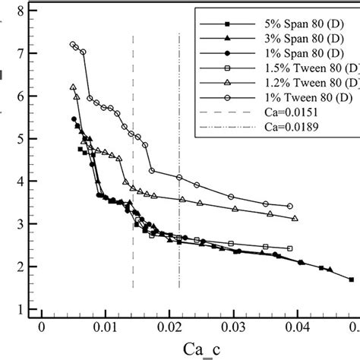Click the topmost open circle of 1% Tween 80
click(x=73, y=45)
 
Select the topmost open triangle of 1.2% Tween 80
click(x=73, y=87)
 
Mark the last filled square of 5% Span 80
click(x=351, y=279)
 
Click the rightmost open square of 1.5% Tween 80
click(x=289, y=248)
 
